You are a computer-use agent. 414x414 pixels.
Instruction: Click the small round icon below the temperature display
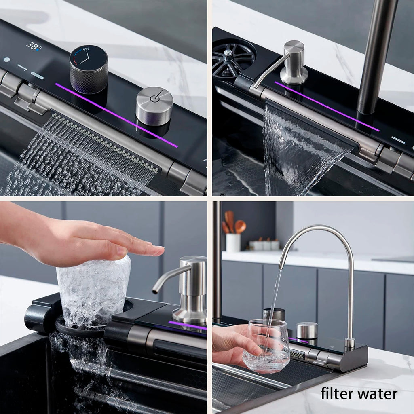tap(7, 59)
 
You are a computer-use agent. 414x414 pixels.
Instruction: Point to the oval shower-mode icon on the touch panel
tap(37, 75)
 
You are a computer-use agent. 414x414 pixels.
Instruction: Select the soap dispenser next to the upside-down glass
tap(189, 287)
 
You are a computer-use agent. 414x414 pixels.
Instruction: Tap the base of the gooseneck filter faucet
tap(349, 344)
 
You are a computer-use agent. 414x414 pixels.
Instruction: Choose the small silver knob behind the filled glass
tap(307, 331)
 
